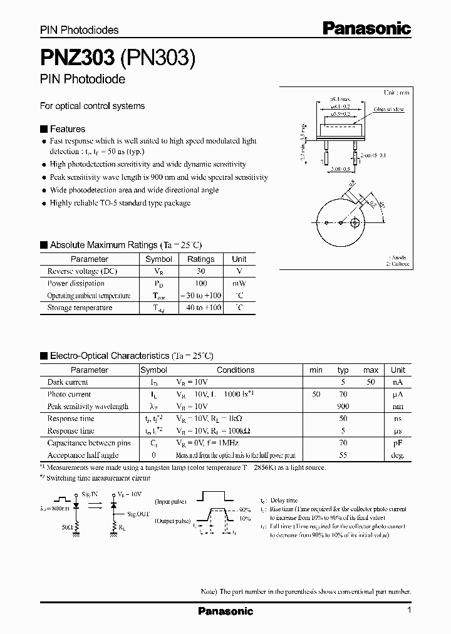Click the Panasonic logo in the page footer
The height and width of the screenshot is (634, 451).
[225, 611]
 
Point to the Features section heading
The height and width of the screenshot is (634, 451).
[67, 129]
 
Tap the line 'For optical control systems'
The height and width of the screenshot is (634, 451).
[92, 106]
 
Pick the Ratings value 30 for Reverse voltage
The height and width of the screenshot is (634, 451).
[200, 271]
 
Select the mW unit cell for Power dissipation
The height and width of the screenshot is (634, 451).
[239, 283]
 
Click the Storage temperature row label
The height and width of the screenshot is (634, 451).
[80, 308]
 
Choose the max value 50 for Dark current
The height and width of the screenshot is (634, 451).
[371, 382]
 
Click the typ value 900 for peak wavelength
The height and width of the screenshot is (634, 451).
[343, 407]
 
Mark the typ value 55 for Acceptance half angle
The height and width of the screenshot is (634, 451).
[343, 455]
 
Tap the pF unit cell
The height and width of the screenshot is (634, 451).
[398, 443]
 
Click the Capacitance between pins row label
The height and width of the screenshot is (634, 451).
[89, 443]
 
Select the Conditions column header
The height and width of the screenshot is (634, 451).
[236, 370]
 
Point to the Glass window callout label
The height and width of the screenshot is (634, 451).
[389, 109]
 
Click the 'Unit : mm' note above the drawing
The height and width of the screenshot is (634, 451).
[396, 92]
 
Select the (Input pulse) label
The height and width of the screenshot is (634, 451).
[170, 501]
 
